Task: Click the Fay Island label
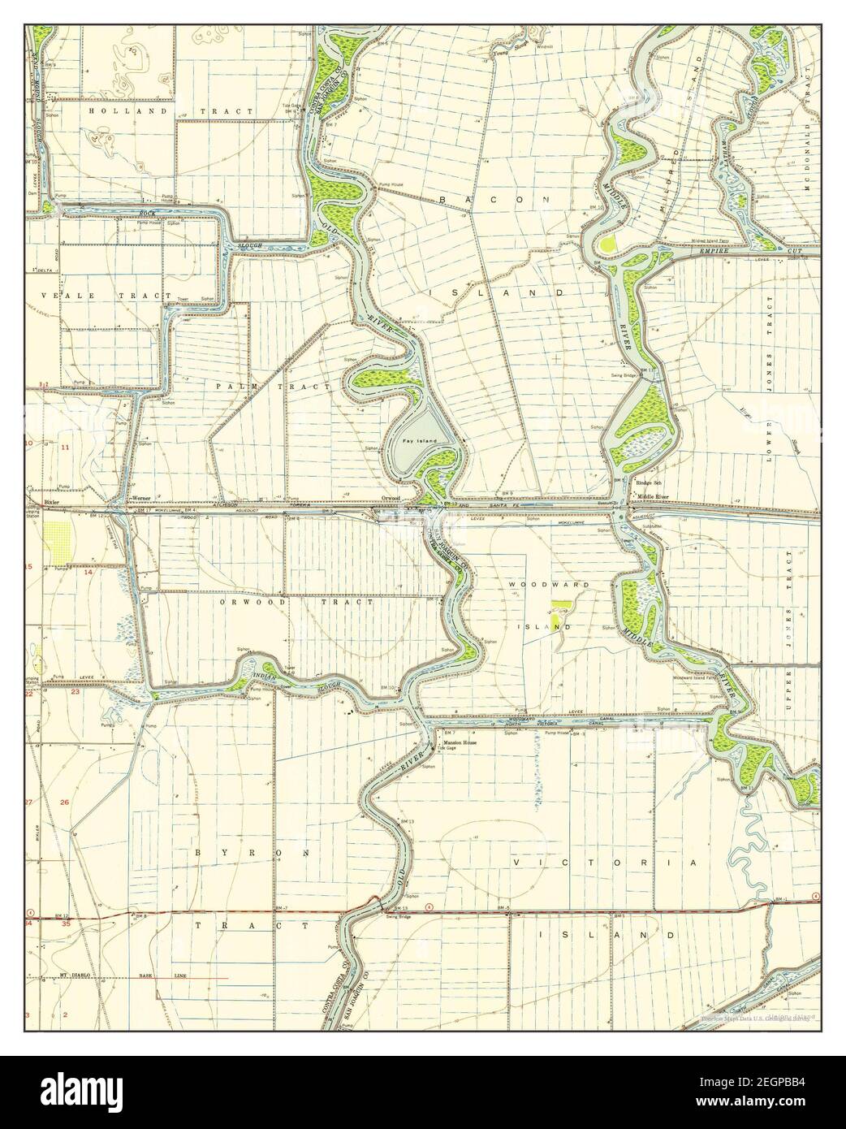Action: [420, 440]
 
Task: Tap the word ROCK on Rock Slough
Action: [146, 214]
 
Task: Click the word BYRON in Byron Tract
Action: [252, 853]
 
